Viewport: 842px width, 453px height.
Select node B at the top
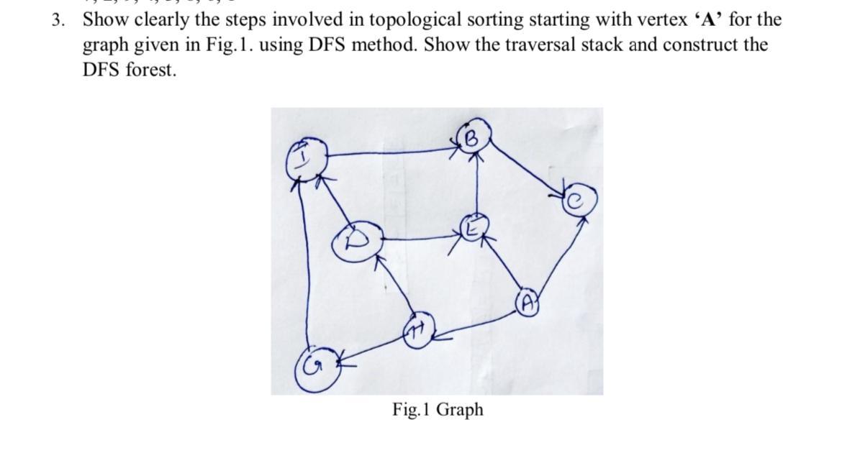tap(472, 136)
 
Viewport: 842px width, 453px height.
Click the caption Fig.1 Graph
tap(438, 410)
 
